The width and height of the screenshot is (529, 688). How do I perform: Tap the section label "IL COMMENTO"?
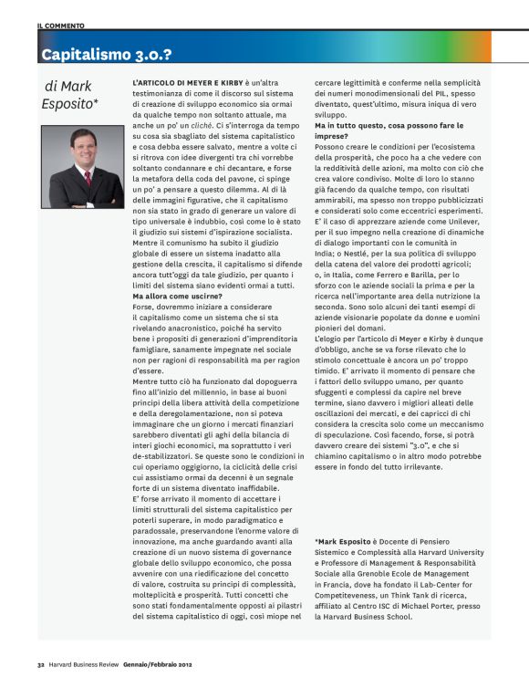pos(60,26)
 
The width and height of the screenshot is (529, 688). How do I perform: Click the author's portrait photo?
pos(83,168)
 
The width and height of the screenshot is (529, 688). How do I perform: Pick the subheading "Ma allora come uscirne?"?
pos(180,295)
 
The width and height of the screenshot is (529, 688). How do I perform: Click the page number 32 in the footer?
pos(41,662)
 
